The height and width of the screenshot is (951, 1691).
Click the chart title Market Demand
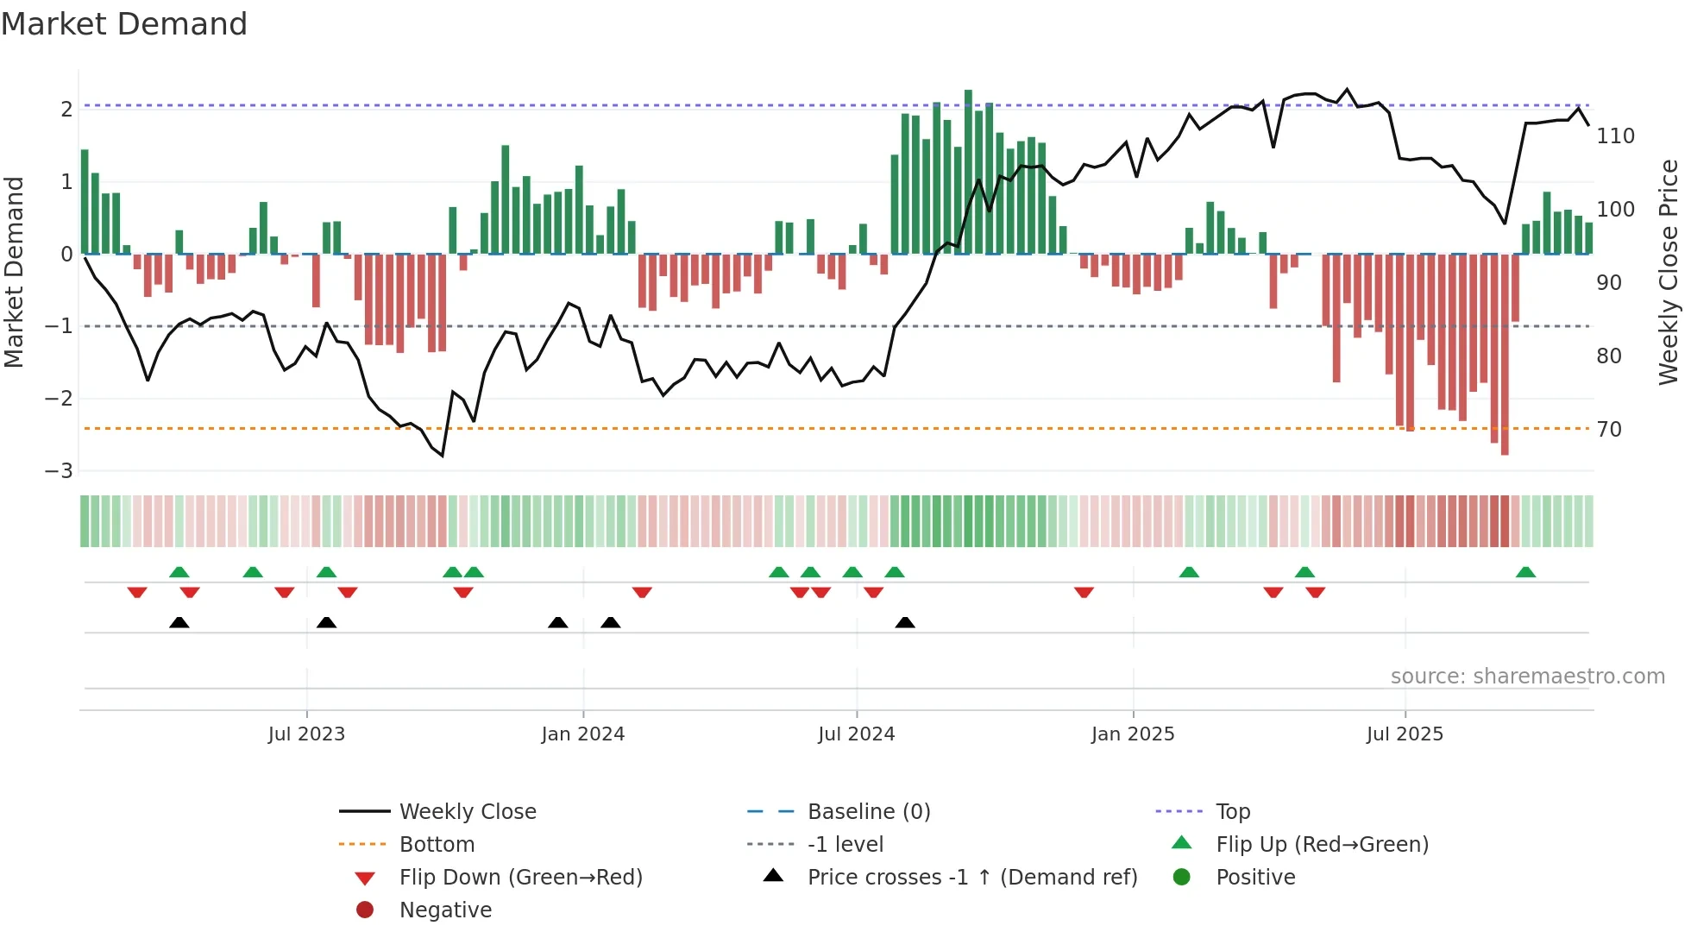[124, 24]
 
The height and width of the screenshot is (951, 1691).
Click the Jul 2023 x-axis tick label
[306, 734]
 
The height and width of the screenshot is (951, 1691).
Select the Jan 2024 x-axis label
[582, 734]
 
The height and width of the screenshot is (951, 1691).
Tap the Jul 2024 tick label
[856, 734]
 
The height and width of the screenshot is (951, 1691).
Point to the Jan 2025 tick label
[1132, 734]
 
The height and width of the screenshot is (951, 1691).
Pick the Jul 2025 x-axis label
[1405, 734]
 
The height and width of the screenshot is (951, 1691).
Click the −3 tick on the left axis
[59, 471]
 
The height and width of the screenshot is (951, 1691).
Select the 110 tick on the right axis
[1615, 136]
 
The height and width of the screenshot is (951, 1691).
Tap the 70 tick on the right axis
[1608, 430]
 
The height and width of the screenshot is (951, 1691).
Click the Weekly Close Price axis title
[1669, 272]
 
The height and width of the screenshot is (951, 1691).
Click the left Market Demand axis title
[14, 272]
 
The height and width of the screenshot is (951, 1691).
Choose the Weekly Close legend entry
[467, 812]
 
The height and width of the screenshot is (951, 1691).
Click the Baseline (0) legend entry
[868, 812]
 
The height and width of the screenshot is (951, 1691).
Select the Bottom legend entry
[437, 845]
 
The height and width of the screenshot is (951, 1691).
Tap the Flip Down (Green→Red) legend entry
[520, 878]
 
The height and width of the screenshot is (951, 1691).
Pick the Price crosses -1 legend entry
[971, 878]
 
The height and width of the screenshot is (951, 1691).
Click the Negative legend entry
[445, 910]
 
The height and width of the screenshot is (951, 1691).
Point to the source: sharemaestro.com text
[1527, 677]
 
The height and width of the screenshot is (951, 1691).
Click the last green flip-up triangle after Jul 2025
[1525, 572]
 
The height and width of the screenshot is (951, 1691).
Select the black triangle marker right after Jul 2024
[904, 622]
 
